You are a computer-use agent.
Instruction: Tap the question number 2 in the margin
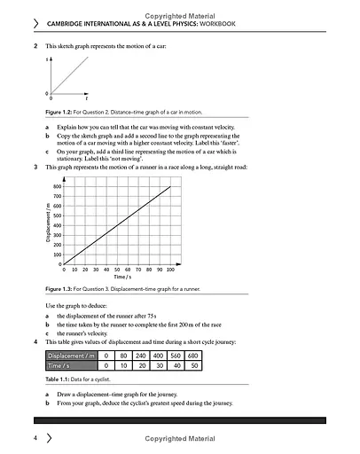click(35, 45)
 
